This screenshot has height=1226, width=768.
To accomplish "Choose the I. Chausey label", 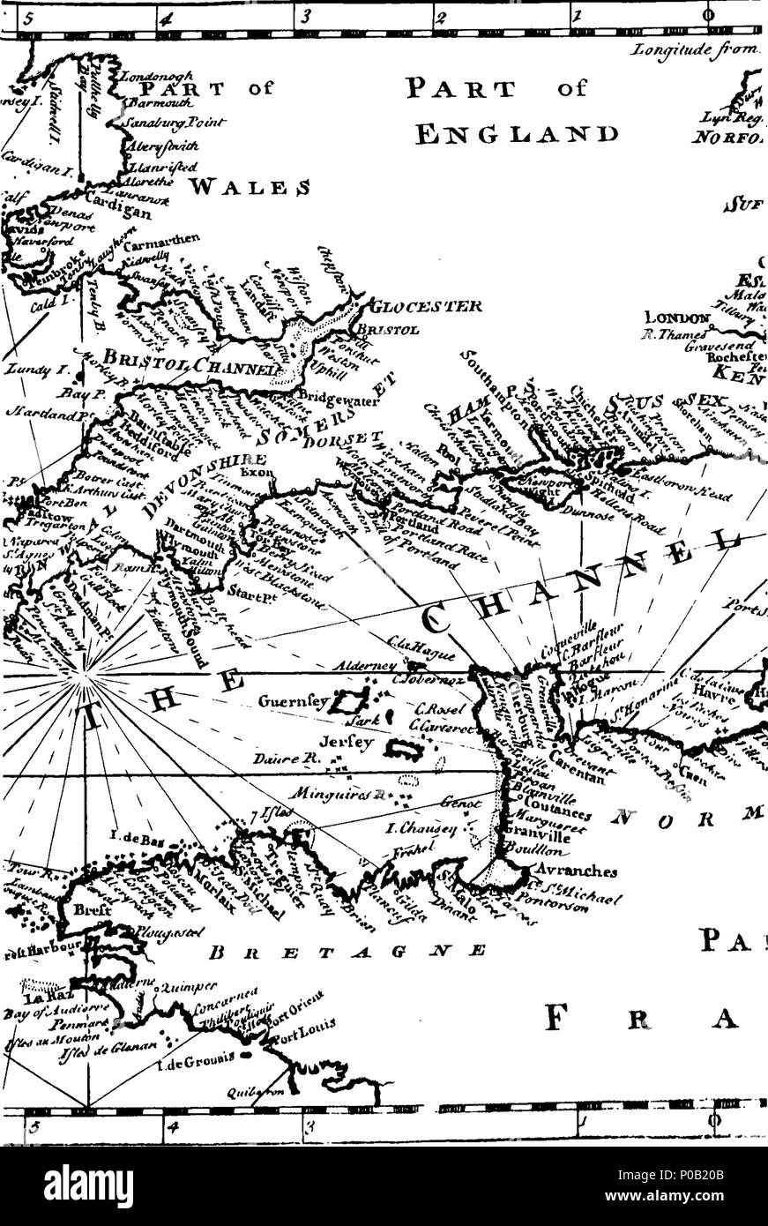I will coord(455,827).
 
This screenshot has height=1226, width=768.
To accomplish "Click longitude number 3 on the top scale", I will coord(304,14).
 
